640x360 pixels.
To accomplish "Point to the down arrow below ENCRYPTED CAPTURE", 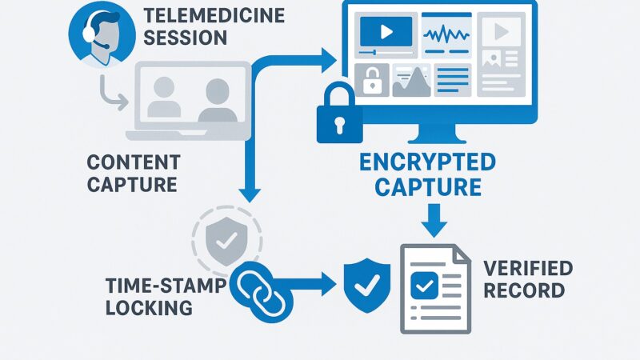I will (x=433, y=218).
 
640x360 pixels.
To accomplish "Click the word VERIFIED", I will (x=527, y=267).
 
